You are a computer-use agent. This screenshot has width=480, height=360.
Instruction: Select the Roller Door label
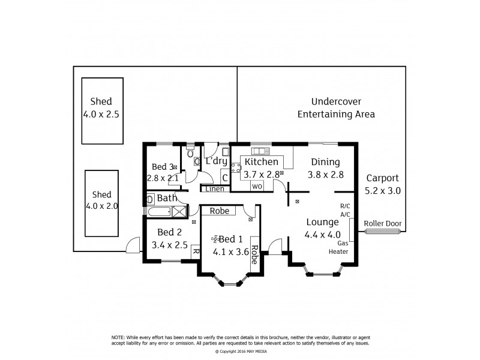382,223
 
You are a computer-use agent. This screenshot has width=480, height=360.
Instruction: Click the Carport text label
382,179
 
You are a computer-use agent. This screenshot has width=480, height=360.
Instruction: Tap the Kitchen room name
262,162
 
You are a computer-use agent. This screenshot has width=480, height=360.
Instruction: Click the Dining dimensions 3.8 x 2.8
325,175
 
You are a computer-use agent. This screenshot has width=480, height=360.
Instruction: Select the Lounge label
322,221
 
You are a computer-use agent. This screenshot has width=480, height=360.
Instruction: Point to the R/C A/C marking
345,209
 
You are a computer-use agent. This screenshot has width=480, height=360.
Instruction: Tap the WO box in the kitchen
257,187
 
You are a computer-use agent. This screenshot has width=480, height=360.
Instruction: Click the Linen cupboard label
215,189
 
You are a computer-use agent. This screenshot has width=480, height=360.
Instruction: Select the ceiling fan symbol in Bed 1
214,239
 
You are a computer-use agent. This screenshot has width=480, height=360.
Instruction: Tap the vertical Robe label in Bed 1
254,255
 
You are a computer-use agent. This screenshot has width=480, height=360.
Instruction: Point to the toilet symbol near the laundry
191,153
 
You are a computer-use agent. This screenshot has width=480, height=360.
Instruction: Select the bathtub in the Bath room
159,211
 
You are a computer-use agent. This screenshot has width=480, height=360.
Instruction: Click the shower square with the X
179,211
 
